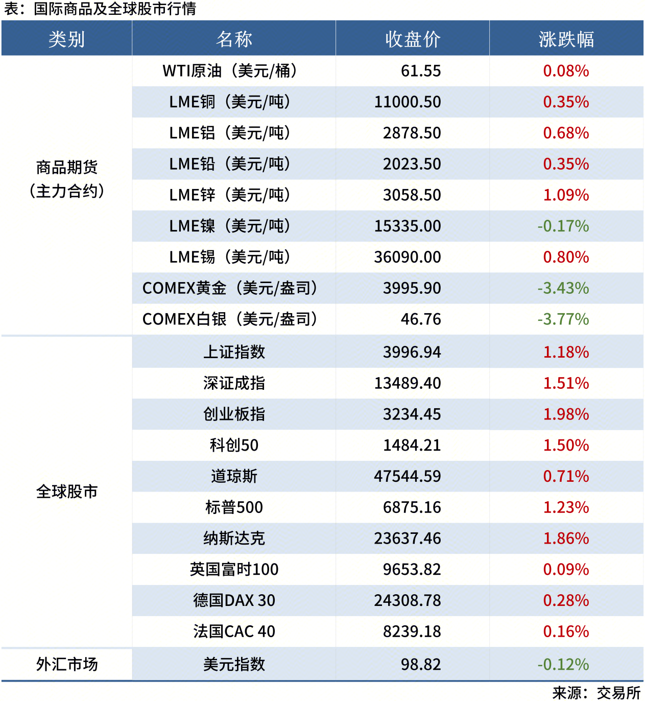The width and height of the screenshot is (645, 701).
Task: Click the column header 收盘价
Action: pyautogui.click(x=413, y=39)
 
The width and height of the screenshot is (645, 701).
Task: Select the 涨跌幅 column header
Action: pyautogui.click(x=566, y=39)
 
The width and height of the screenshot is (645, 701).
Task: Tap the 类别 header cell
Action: pyautogui.click(x=67, y=39)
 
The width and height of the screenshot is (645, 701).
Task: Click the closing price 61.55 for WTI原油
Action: pyautogui.click(x=420, y=71)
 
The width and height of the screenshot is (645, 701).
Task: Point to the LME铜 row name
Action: pyautogui.click(x=230, y=102)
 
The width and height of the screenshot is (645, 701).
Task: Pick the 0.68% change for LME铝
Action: pyautogui.click(x=566, y=133)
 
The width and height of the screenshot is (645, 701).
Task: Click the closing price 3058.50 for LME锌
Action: pyautogui.click(x=412, y=195)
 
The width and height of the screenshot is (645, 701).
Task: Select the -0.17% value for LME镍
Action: pyautogui.click(x=563, y=226)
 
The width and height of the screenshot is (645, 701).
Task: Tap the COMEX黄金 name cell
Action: pyautogui.click(x=230, y=288)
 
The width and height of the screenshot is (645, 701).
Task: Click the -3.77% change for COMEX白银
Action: pyautogui.click(x=563, y=319)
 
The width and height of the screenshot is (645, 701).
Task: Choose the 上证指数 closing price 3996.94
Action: pyautogui.click(x=412, y=352)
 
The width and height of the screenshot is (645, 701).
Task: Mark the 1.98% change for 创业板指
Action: pyautogui.click(x=566, y=414)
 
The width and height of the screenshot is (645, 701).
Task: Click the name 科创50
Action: pyautogui.click(x=234, y=446)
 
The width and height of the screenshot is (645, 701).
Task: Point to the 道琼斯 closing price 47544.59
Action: pyautogui.click(x=407, y=477)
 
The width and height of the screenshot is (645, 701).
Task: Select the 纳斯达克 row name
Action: pyautogui.click(x=234, y=539)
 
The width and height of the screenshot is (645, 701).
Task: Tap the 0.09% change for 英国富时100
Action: pyautogui.click(x=566, y=570)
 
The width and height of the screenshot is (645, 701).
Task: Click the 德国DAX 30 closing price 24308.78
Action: pyautogui.click(x=407, y=601)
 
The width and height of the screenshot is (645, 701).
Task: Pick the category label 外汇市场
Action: pyautogui.click(x=67, y=664)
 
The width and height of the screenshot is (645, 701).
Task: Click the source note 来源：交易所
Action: pyautogui.click(x=596, y=693)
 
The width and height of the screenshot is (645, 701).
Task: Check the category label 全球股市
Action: pyautogui.click(x=67, y=492)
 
